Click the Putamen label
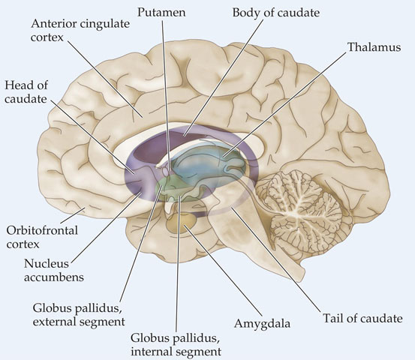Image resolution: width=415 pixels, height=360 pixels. (x=161, y=13)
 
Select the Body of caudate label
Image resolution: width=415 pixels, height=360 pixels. (x=276, y=13)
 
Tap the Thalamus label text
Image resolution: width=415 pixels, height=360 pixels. (x=374, y=47)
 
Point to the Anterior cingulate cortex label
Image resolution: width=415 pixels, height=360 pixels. (x=80, y=30)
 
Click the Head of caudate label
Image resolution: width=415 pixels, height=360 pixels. (x=26, y=92)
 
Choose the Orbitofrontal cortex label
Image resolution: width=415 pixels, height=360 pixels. (x=42, y=237)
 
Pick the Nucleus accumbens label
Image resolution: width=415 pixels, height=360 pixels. (x=54, y=270)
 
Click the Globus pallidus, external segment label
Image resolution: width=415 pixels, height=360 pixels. (x=79, y=315)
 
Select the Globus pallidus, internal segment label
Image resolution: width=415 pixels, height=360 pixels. (x=176, y=345)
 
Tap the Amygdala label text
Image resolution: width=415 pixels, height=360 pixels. (x=262, y=324)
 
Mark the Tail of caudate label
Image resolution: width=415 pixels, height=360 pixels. (x=362, y=318)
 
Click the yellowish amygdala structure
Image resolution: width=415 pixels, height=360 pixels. (x=182, y=223)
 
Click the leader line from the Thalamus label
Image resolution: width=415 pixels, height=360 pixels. (x=284, y=104)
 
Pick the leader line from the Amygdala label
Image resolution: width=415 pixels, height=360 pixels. (x=223, y=270)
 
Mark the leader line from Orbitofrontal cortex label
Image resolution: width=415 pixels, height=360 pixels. (x=73, y=216)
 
